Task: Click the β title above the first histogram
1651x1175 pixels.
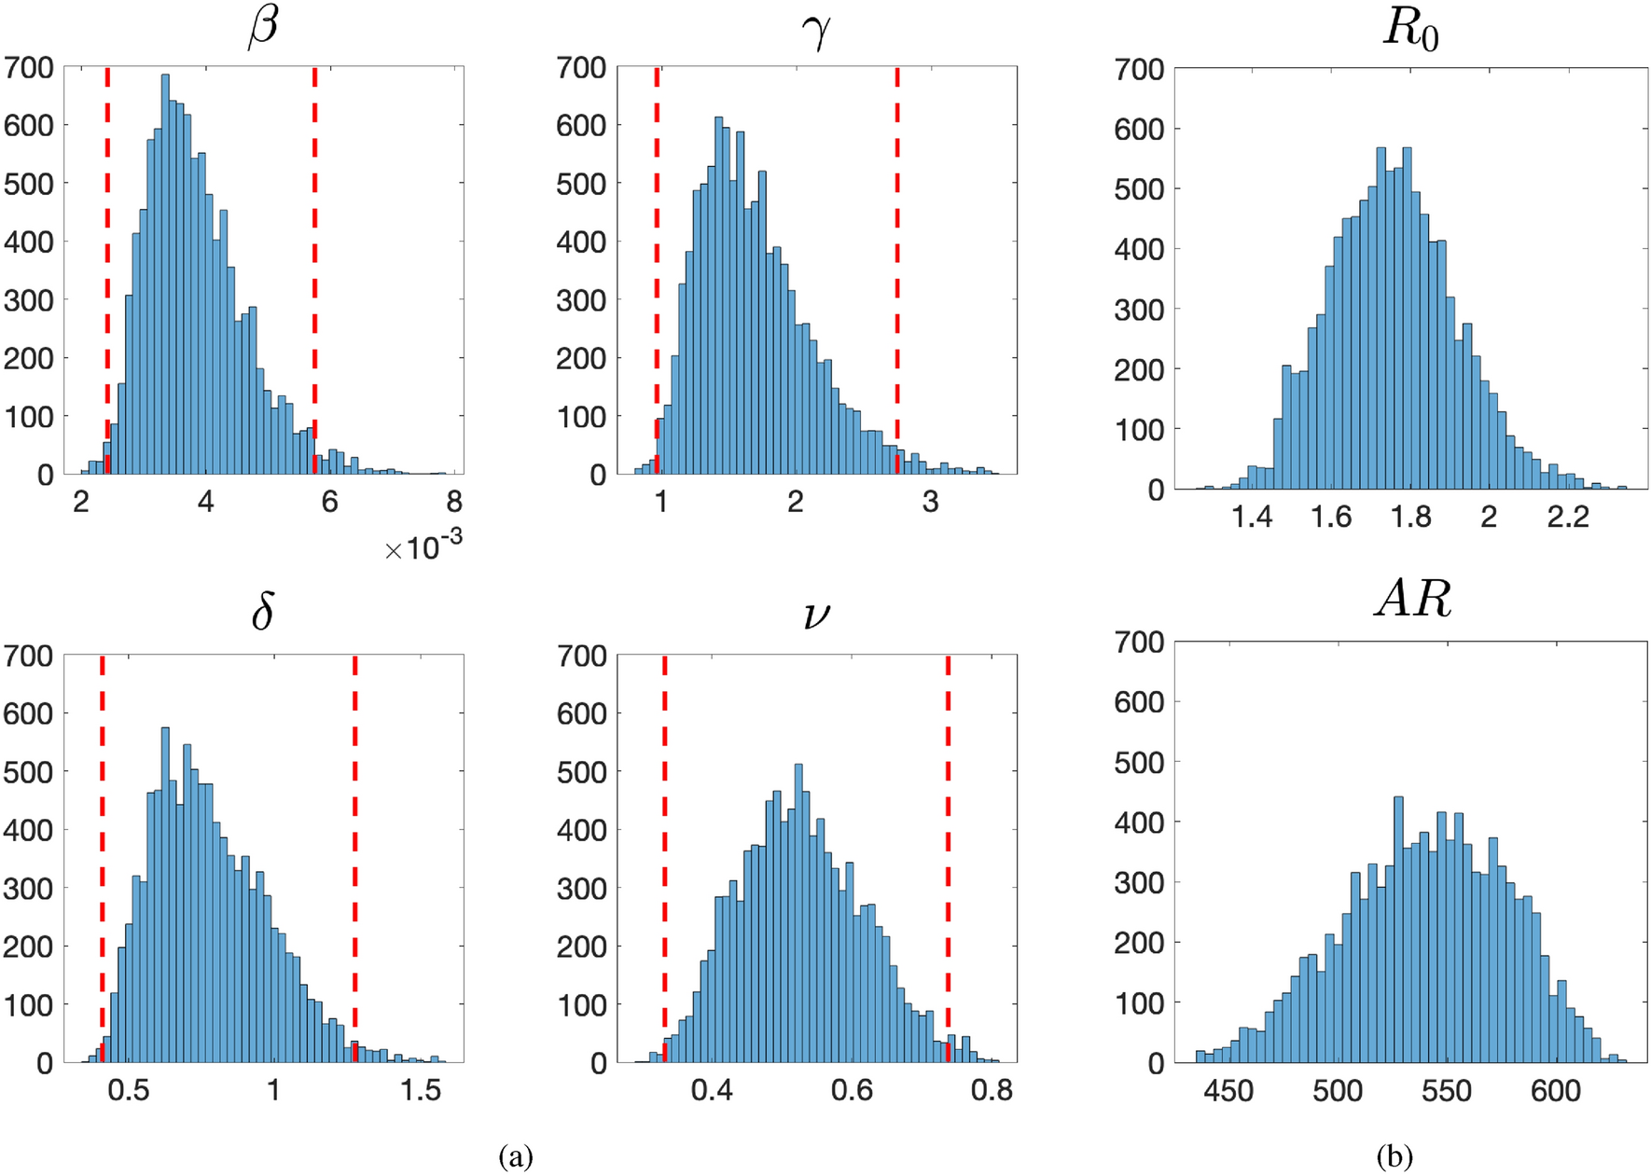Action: [263, 26]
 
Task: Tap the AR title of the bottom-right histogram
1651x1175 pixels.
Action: [1413, 600]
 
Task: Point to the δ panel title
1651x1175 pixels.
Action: [263, 613]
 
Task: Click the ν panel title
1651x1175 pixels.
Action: [816, 615]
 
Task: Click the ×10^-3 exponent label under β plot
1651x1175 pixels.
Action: [423, 546]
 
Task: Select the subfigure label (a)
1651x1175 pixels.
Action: [516, 1156]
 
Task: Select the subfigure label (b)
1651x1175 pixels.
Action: [1394, 1156]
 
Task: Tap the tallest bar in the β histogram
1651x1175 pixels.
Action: [166, 280]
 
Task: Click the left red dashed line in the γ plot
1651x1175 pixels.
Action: [658, 270]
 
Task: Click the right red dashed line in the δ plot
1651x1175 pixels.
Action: [355, 858]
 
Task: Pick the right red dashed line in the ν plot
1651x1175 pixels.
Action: [948, 858]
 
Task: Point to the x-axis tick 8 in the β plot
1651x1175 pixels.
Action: [454, 503]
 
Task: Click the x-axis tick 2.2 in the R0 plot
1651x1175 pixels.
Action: [1567, 517]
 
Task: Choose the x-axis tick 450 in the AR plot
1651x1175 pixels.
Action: [1228, 1090]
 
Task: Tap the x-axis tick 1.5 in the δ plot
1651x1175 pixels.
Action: [421, 1090]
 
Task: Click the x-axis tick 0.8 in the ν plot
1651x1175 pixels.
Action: [991, 1090]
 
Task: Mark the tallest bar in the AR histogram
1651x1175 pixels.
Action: [1398, 933]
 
